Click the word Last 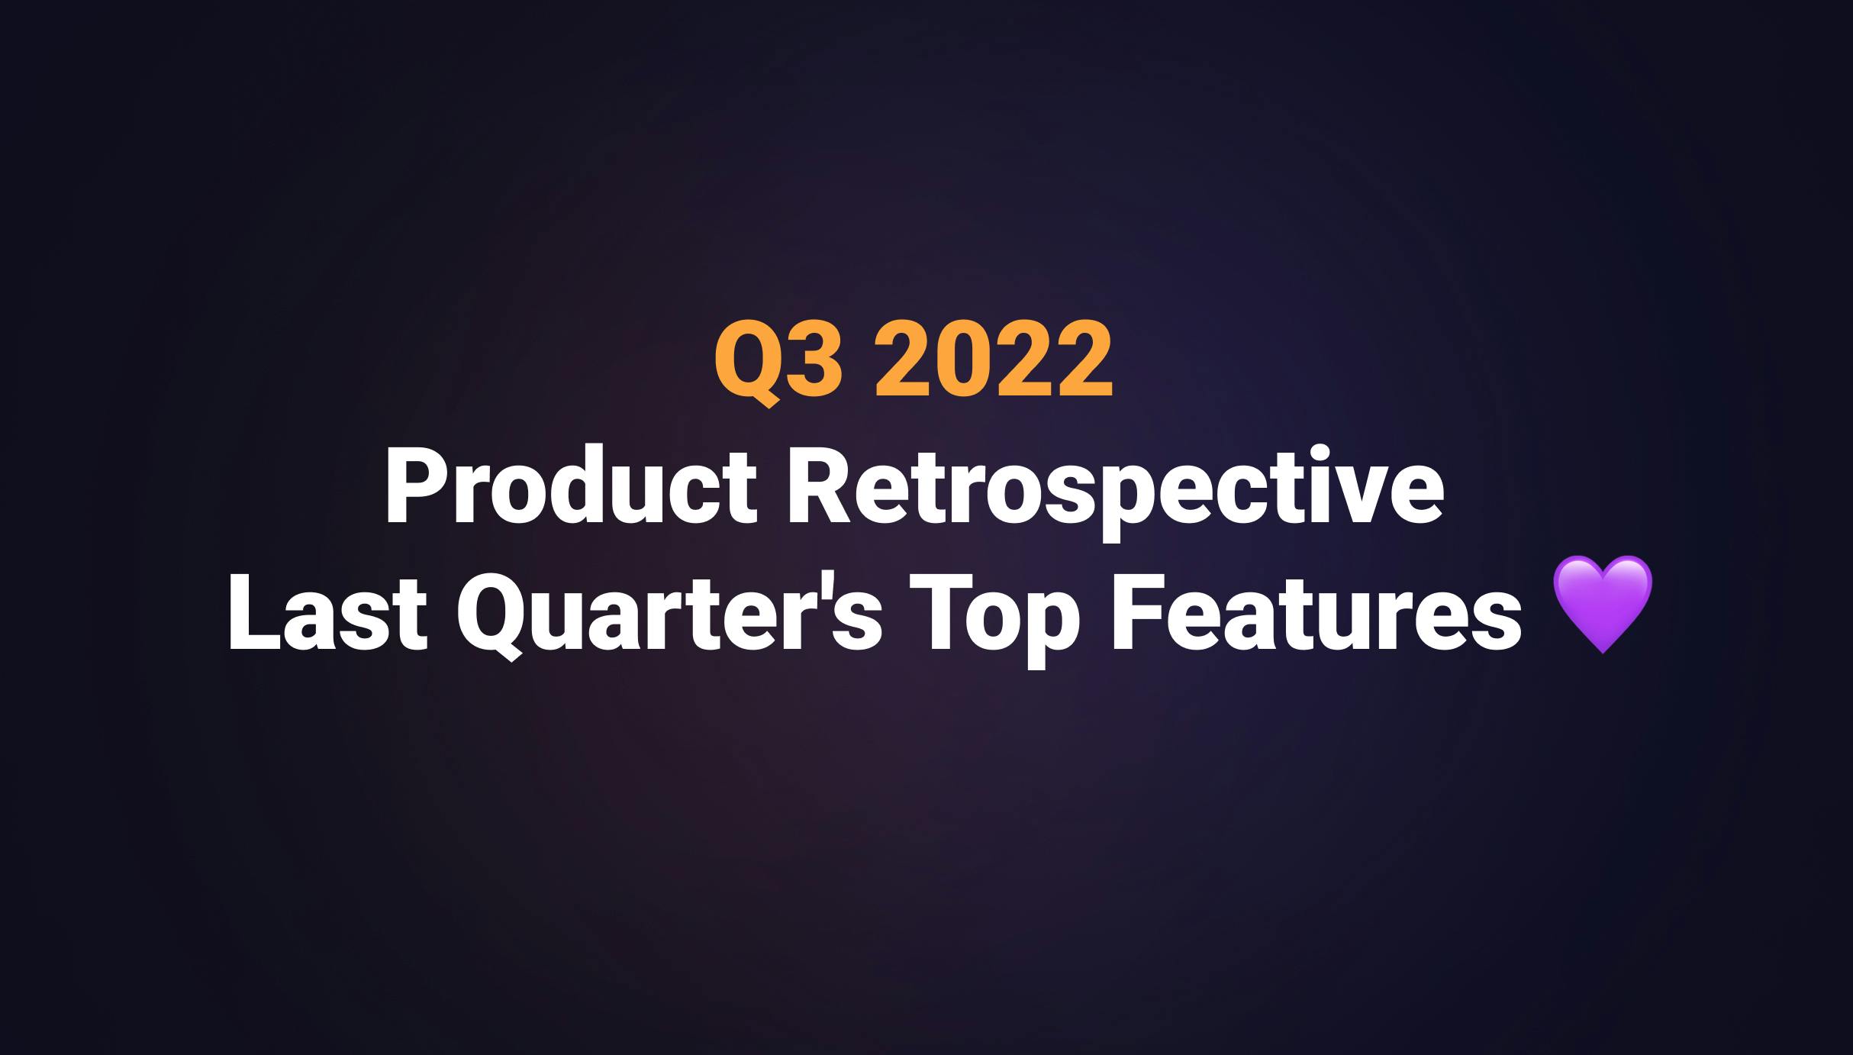point(327,615)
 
